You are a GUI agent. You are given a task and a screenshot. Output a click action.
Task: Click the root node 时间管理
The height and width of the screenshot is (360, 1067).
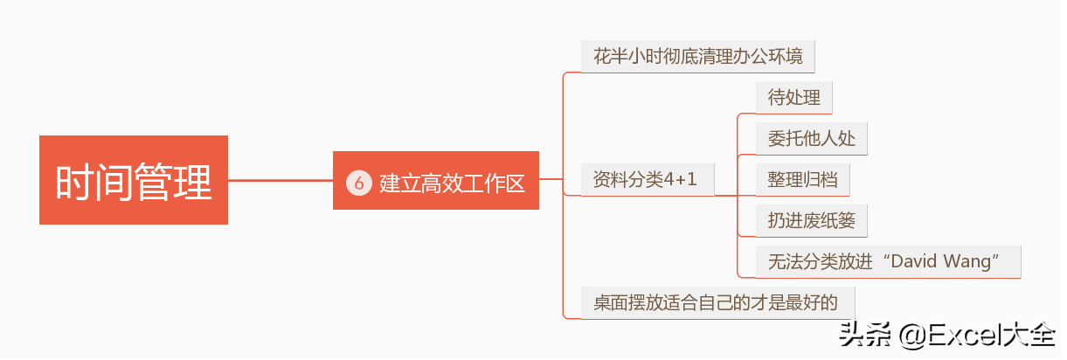click(x=134, y=180)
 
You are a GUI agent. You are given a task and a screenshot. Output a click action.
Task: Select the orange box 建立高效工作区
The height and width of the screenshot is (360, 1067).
click(x=436, y=181)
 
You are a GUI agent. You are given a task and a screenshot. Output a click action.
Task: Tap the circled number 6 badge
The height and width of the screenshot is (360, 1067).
click(x=358, y=183)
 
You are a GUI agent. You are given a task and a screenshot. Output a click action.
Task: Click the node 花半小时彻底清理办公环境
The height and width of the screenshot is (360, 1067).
click(x=698, y=57)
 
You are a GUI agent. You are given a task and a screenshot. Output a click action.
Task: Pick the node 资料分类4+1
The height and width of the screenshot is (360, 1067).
click(x=648, y=179)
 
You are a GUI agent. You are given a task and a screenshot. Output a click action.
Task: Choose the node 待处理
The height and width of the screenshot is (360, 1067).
click(x=794, y=98)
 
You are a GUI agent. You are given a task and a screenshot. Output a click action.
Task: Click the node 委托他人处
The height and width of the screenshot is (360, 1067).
click(x=812, y=139)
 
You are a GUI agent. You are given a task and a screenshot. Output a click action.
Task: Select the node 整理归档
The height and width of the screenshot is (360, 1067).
click(x=802, y=179)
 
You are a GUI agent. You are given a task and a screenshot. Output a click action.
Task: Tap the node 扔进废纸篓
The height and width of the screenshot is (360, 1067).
click(x=812, y=220)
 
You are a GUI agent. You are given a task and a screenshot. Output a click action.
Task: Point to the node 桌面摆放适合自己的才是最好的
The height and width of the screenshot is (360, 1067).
click(x=717, y=302)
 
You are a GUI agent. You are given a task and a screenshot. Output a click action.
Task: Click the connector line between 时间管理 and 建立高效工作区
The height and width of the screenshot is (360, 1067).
click(x=281, y=181)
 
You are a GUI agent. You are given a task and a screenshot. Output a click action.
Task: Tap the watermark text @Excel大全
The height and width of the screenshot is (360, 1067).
click(x=976, y=335)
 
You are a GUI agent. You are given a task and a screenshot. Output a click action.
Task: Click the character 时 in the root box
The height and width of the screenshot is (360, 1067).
click(x=73, y=182)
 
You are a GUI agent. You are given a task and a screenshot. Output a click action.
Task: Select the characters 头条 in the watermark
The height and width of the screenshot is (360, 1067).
click(x=864, y=335)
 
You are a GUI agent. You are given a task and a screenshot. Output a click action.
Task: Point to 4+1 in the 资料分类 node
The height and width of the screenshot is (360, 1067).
click(x=680, y=179)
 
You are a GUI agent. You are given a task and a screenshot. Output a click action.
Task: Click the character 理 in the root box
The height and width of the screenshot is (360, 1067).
click(x=192, y=182)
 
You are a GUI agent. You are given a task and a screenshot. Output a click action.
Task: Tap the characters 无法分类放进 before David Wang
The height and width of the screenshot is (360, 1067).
click(x=821, y=261)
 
